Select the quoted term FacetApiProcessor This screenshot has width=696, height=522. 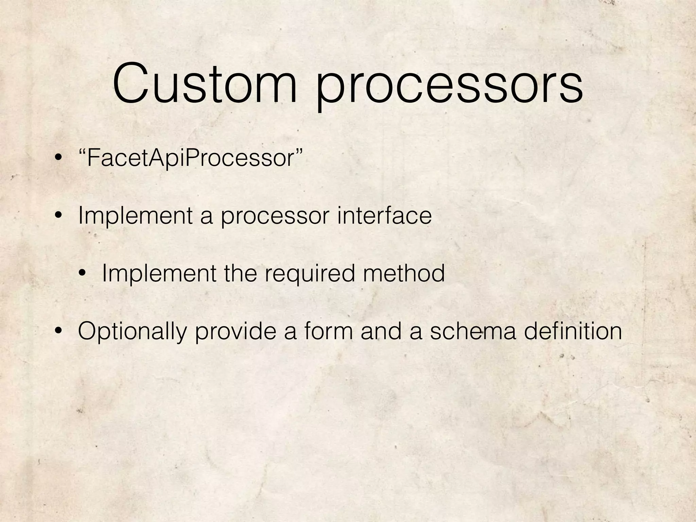[190, 158]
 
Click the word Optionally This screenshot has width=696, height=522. [133, 332]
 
